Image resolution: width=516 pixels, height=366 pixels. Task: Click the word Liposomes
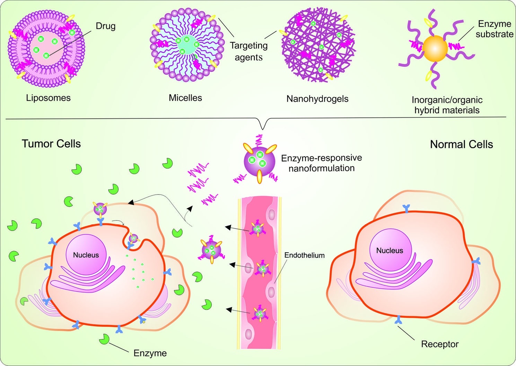click(48, 98)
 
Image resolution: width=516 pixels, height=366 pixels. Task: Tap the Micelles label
click(185, 98)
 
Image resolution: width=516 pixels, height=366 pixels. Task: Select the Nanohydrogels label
click(317, 99)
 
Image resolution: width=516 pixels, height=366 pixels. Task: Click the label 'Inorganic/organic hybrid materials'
click(447, 105)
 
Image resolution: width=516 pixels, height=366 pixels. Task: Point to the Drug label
click(105, 26)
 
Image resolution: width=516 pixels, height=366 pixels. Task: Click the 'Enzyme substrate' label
click(494, 29)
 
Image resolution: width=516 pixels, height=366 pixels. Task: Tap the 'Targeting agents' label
click(248, 51)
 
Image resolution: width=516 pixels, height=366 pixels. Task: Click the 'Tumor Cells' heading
click(51, 144)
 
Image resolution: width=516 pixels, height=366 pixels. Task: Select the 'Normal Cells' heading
click(461, 144)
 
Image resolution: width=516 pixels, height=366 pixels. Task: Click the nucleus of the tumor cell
click(86, 255)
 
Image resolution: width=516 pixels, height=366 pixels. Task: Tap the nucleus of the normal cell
click(390, 250)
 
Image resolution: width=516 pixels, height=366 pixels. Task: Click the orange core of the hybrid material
click(435, 49)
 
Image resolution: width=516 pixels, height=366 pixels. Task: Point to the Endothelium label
click(304, 256)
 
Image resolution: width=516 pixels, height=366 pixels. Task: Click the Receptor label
click(439, 344)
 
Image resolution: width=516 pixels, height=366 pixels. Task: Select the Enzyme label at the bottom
click(150, 353)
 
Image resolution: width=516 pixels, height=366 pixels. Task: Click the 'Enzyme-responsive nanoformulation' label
click(321, 163)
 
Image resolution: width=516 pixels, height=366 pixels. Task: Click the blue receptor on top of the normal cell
click(406, 208)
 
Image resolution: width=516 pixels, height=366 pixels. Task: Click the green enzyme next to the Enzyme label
click(104, 339)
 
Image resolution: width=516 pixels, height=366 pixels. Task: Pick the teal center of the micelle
click(187, 45)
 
